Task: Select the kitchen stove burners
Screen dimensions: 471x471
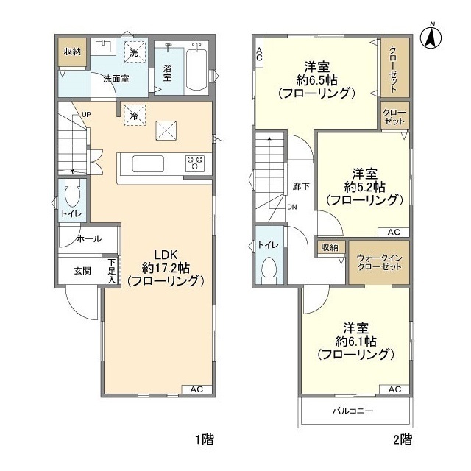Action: coord(196,163)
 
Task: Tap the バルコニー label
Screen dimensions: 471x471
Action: coord(353,412)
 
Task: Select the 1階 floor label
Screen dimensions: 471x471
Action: coord(204,440)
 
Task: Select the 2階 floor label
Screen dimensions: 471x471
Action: coord(402,440)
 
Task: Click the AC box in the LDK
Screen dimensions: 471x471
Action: coord(196,389)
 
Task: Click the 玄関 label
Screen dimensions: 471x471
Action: coord(82,271)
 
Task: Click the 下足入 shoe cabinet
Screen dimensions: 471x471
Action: coord(111,271)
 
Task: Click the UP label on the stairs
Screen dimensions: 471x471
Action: coord(87,114)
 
